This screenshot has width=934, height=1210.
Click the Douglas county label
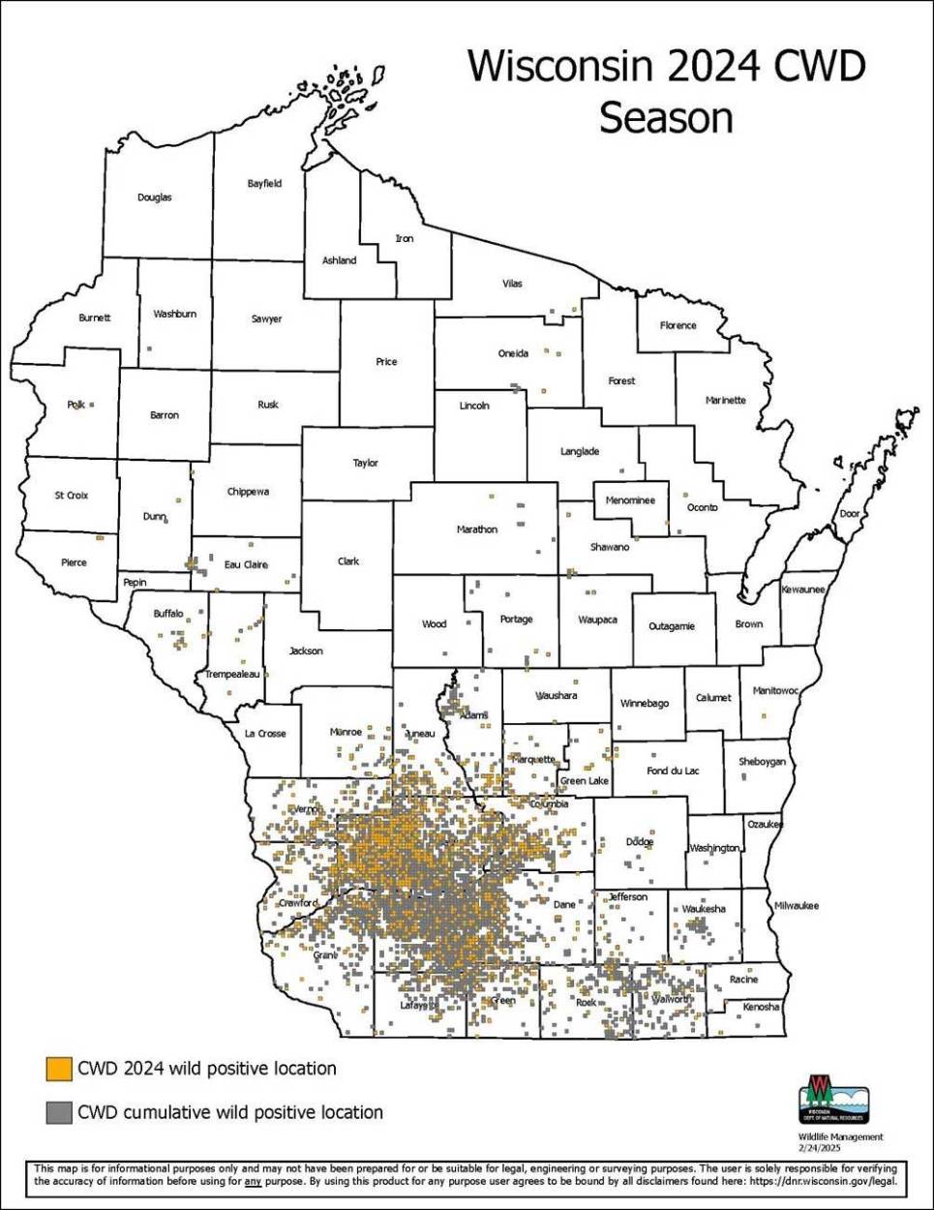click(x=155, y=197)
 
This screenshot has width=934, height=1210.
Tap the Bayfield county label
click(x=264, y=183)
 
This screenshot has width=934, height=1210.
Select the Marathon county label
click(x=477, y=529)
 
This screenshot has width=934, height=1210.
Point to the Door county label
click(x=850, y=513)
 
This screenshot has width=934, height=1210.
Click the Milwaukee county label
click(x=796, y=906)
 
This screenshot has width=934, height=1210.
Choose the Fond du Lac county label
click(x=673, y=771)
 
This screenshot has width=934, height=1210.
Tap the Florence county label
click(x=678, y=325)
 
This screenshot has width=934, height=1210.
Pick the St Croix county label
click(x=71, y=496)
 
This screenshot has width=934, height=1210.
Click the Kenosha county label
click(x=761, y=1007)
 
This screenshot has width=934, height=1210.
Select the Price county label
click(x=386, y=362)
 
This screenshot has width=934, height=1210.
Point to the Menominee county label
click(x=630, y=500)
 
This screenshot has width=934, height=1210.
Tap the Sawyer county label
click(x=266, y=318)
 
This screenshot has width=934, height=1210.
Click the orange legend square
click(x=59, y=1069)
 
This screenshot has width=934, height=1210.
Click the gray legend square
click(x=59, y=1113)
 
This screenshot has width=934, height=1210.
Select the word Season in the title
click(x=666, y=118)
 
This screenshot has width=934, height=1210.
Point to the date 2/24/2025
click(x=820, y=1147)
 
